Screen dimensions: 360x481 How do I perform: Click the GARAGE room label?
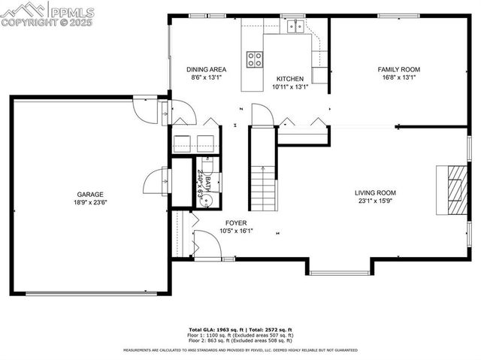pos(89,194)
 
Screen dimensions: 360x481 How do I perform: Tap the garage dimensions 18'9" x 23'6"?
pos(89,202)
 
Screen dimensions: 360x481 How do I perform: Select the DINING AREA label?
pos(206,69)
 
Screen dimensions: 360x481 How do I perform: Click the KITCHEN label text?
pos(289,78)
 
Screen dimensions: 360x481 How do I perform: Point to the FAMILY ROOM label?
pos(398,69)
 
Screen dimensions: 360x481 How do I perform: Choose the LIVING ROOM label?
pos(375,192)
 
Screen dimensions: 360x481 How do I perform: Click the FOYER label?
pos(236,223)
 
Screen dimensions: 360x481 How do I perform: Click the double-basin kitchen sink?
pos(294,27)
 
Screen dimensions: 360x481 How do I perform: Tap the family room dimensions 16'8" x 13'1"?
pos(398,77)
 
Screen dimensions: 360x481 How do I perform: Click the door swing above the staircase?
pos(260,116)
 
